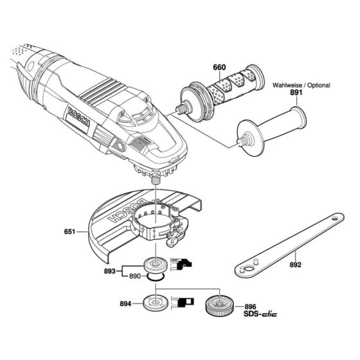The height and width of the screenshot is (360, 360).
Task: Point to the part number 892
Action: click(x=295, y=264)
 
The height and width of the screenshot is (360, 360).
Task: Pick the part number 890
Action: click(x=135, y=276)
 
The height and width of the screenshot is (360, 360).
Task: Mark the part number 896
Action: click(x=251, y=307)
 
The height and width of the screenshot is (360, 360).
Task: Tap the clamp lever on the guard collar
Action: click(x=173, y=240)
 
